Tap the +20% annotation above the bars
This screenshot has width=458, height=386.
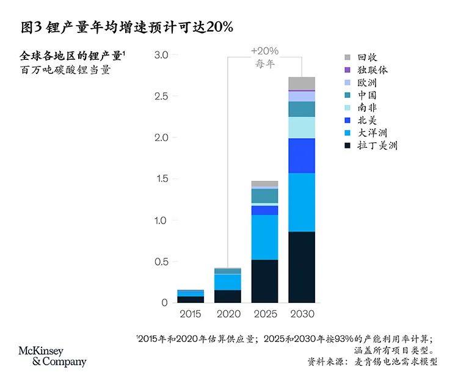pos(264,51)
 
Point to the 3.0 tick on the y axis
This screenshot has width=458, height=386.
pos(161,55)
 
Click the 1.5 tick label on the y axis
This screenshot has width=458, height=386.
pos(161,179)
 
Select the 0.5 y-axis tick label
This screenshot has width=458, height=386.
pos(161,261)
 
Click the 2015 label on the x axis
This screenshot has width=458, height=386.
pos(191,313)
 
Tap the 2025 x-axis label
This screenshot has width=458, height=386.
pos(264,313)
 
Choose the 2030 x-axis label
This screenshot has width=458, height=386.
pos(301,313)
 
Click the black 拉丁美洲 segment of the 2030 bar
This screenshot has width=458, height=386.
pos(302,267)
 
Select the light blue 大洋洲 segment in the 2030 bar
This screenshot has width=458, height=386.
pos(302,202)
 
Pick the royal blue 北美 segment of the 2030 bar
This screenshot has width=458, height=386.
pos(302,156)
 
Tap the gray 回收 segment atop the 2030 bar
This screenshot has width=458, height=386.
pos(302,83)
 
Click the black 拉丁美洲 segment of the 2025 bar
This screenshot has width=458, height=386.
pos(264,281)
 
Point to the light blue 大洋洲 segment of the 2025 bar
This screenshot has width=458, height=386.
pos(264,237)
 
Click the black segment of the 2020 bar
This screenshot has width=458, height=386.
pos(228,296)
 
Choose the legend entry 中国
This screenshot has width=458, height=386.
pos(367,95)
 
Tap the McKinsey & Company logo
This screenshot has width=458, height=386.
pos(52,356)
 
